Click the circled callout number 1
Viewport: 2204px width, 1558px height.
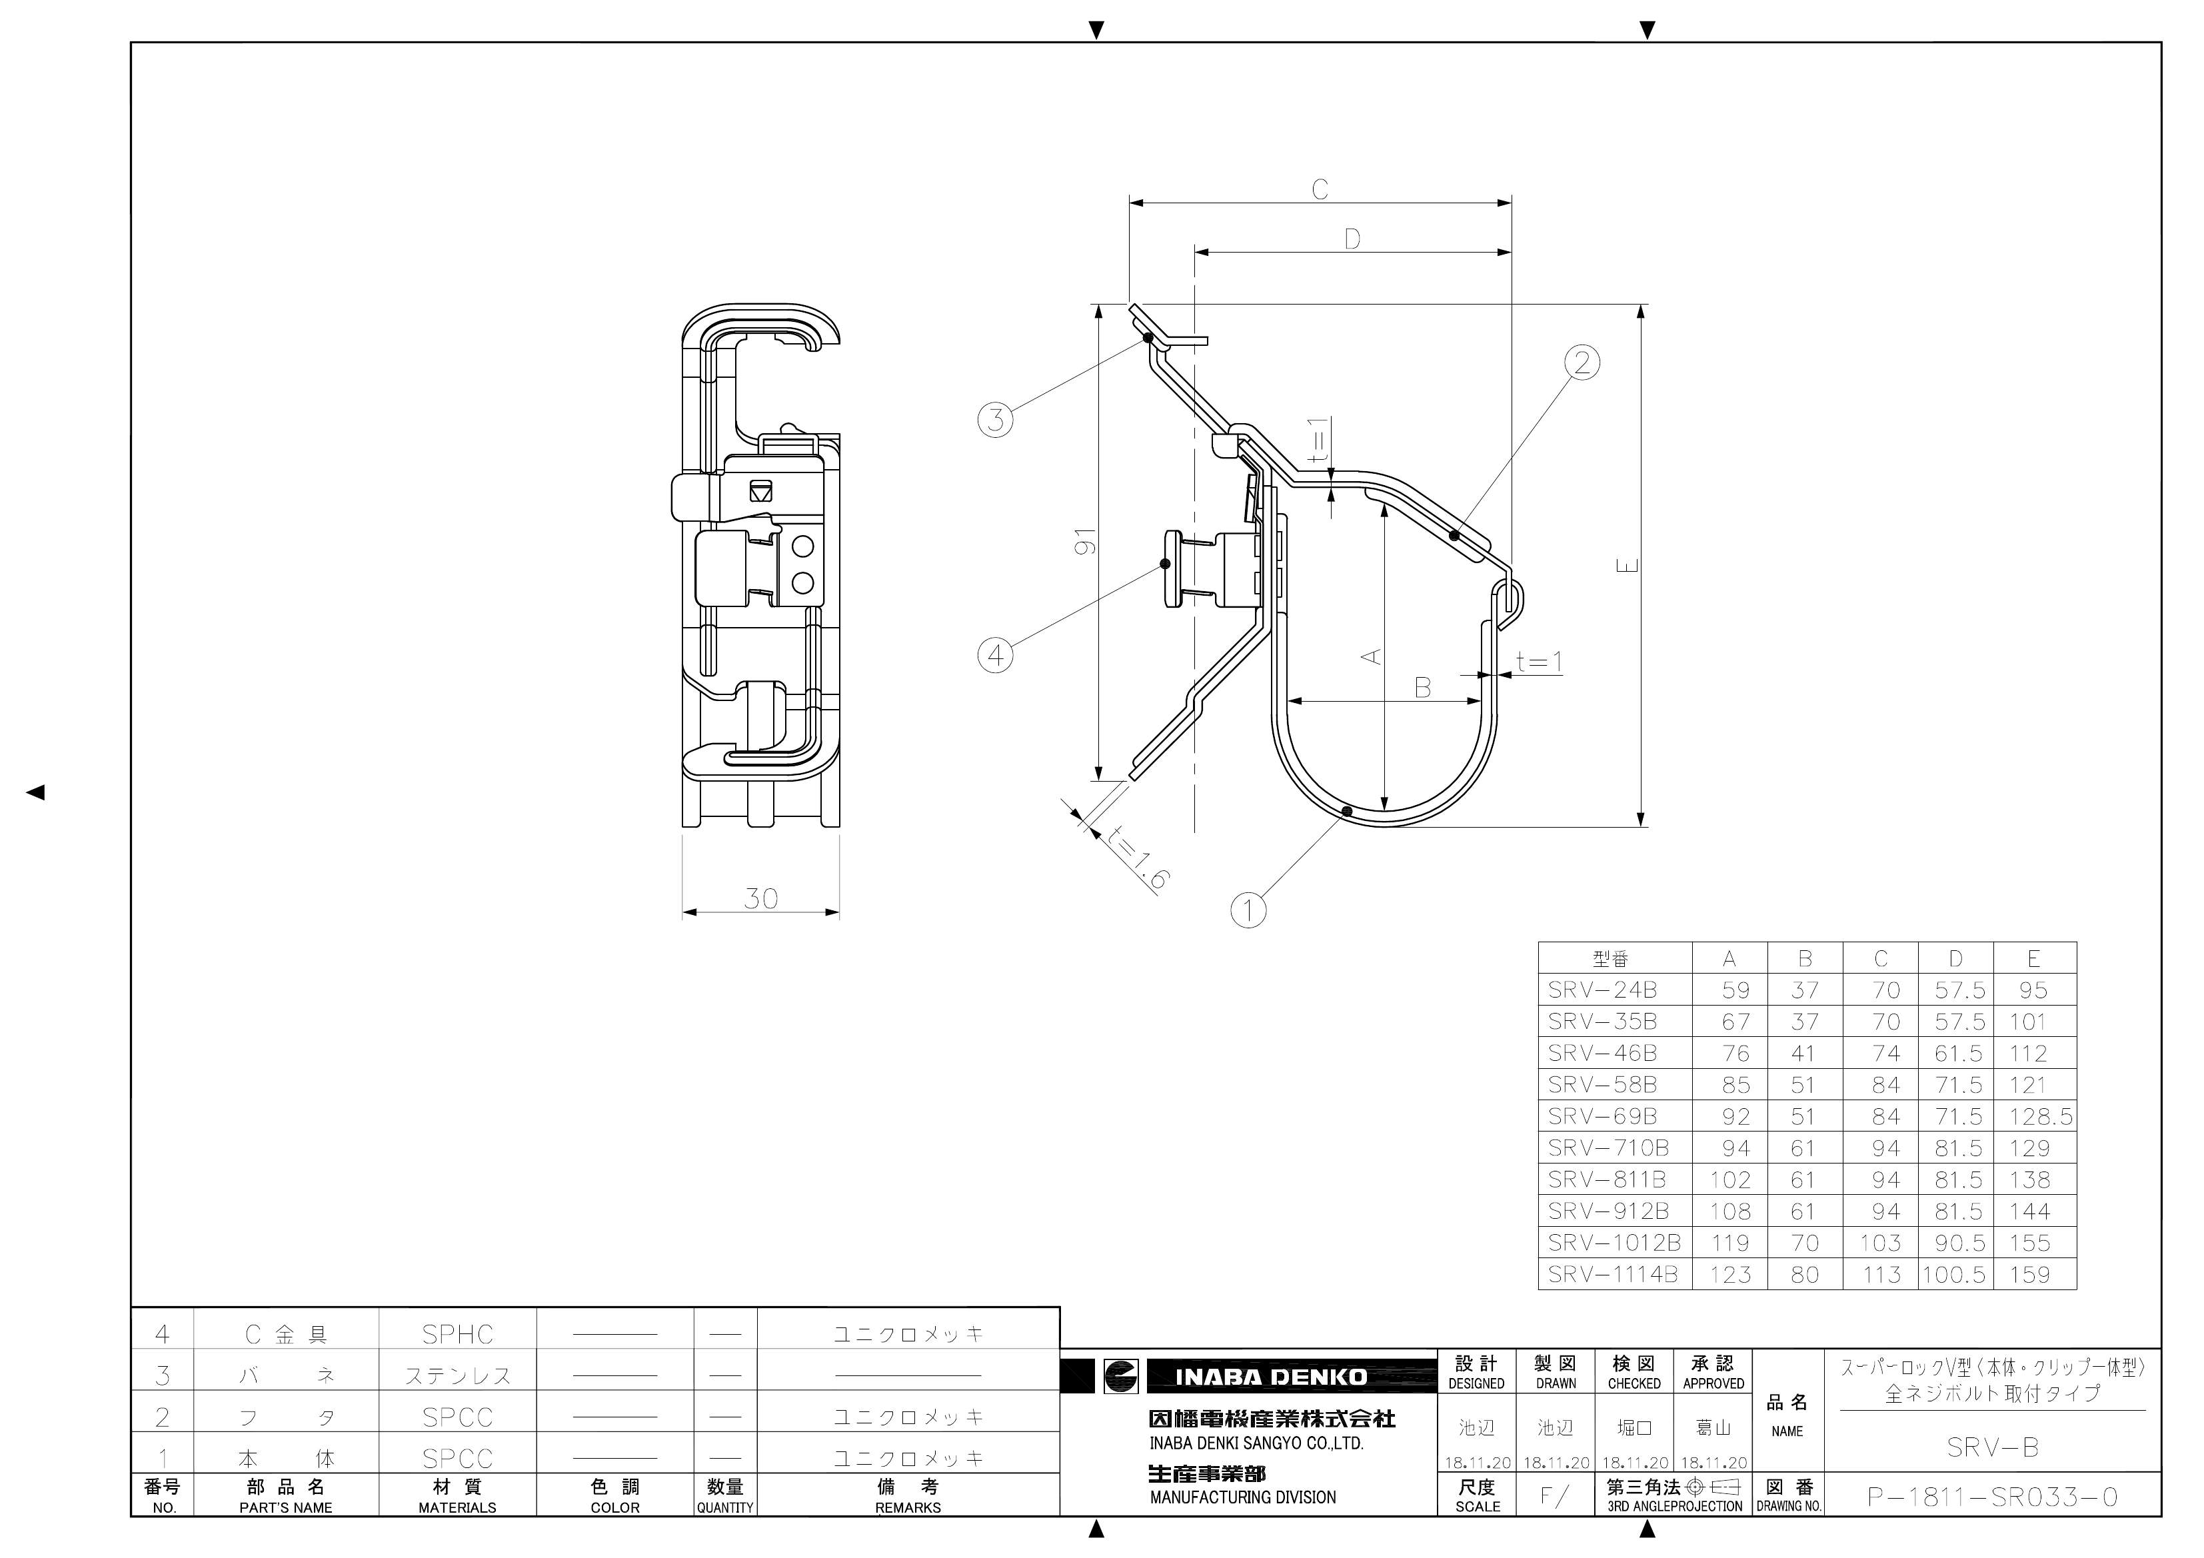point(1248,910)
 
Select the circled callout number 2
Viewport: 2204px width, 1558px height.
point(1582,363)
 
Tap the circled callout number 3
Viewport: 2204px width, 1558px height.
point(996,420)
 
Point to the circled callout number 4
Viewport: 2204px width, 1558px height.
point(996,656)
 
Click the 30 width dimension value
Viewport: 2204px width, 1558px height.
point(760,898)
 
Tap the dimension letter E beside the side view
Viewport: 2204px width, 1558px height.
point(1628,565)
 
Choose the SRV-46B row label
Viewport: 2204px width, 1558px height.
point(1602,1053)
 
